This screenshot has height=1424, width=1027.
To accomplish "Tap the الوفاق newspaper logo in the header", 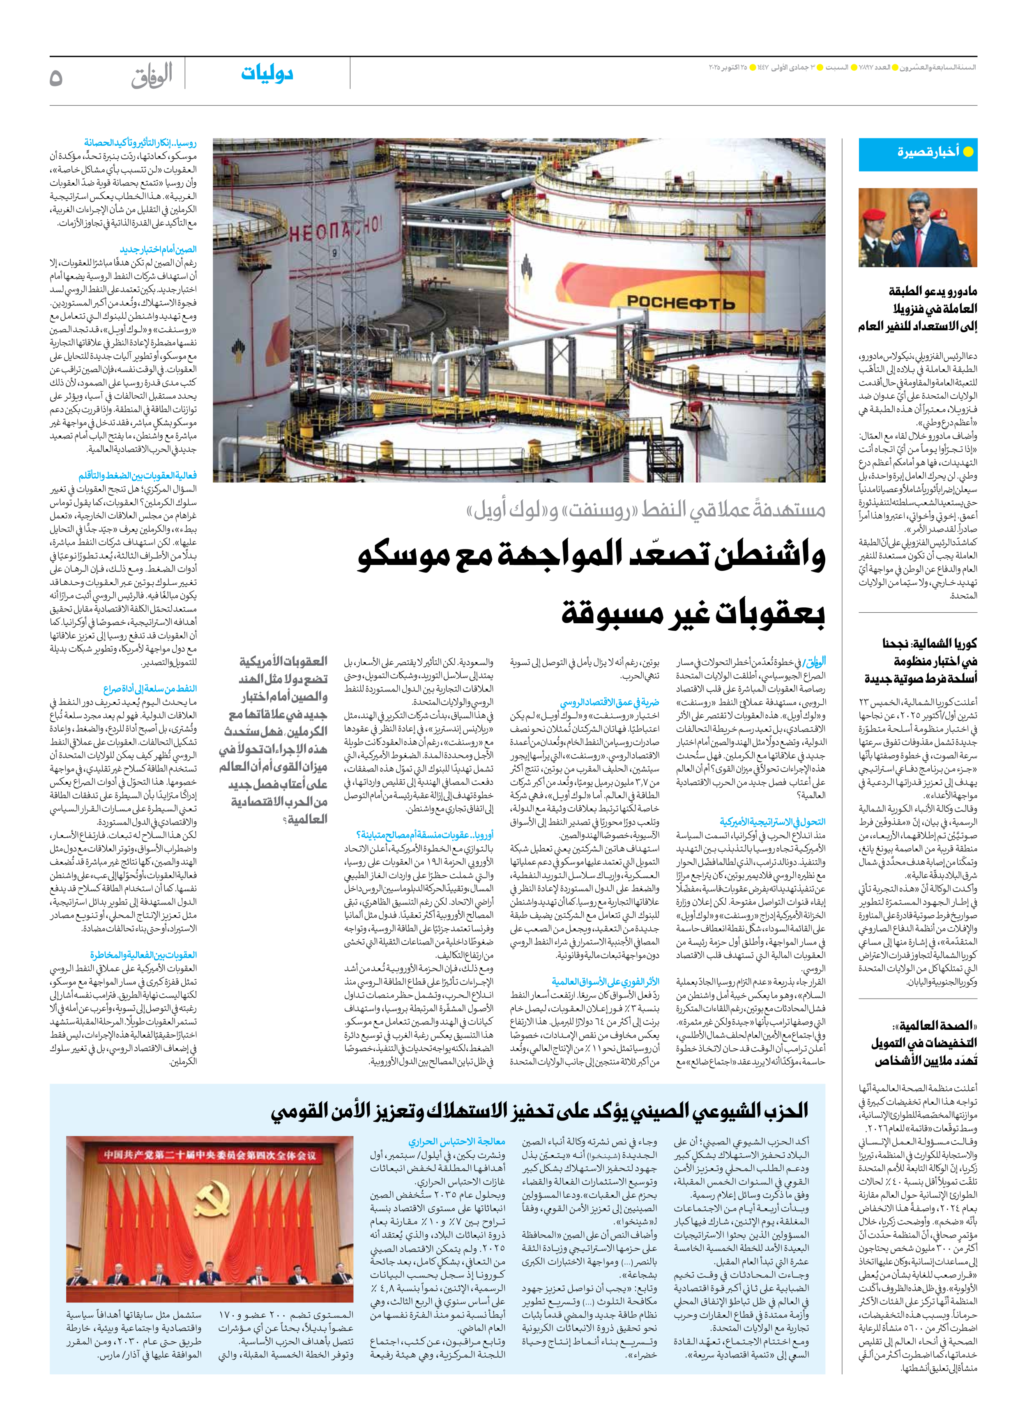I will (x=152, y=77).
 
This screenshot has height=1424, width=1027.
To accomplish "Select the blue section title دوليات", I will (x=267, y=73).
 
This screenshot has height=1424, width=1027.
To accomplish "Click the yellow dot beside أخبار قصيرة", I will (x=968, y=152).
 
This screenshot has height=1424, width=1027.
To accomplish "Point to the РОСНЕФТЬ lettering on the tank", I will (x=681, y=303).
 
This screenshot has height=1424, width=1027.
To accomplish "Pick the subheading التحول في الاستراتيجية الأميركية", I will (x=773, y=821).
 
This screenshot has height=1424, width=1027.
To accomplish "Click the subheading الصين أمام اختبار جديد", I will (x=158, y=249).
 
